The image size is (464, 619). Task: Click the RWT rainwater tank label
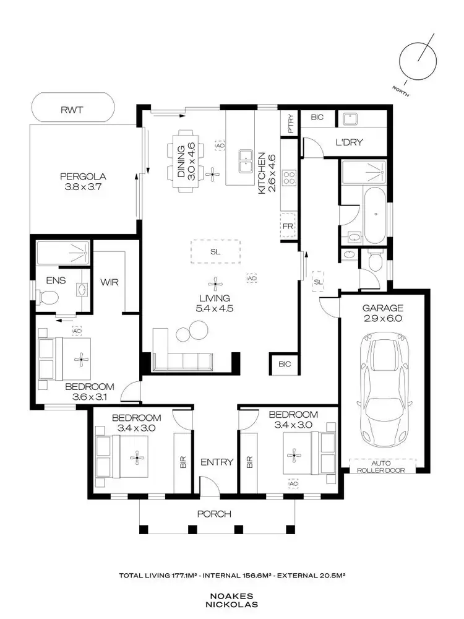click(72, 110)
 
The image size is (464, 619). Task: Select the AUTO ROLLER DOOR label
click(382, 466)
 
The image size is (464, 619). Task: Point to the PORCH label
click(214, 514)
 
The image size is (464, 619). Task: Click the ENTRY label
click(217, 462)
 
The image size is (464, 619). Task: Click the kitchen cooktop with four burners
click(289, 179)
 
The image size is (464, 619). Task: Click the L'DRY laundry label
click(350, 142)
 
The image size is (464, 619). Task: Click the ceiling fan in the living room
click(215, 284)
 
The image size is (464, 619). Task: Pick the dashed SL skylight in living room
click(215, 251)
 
